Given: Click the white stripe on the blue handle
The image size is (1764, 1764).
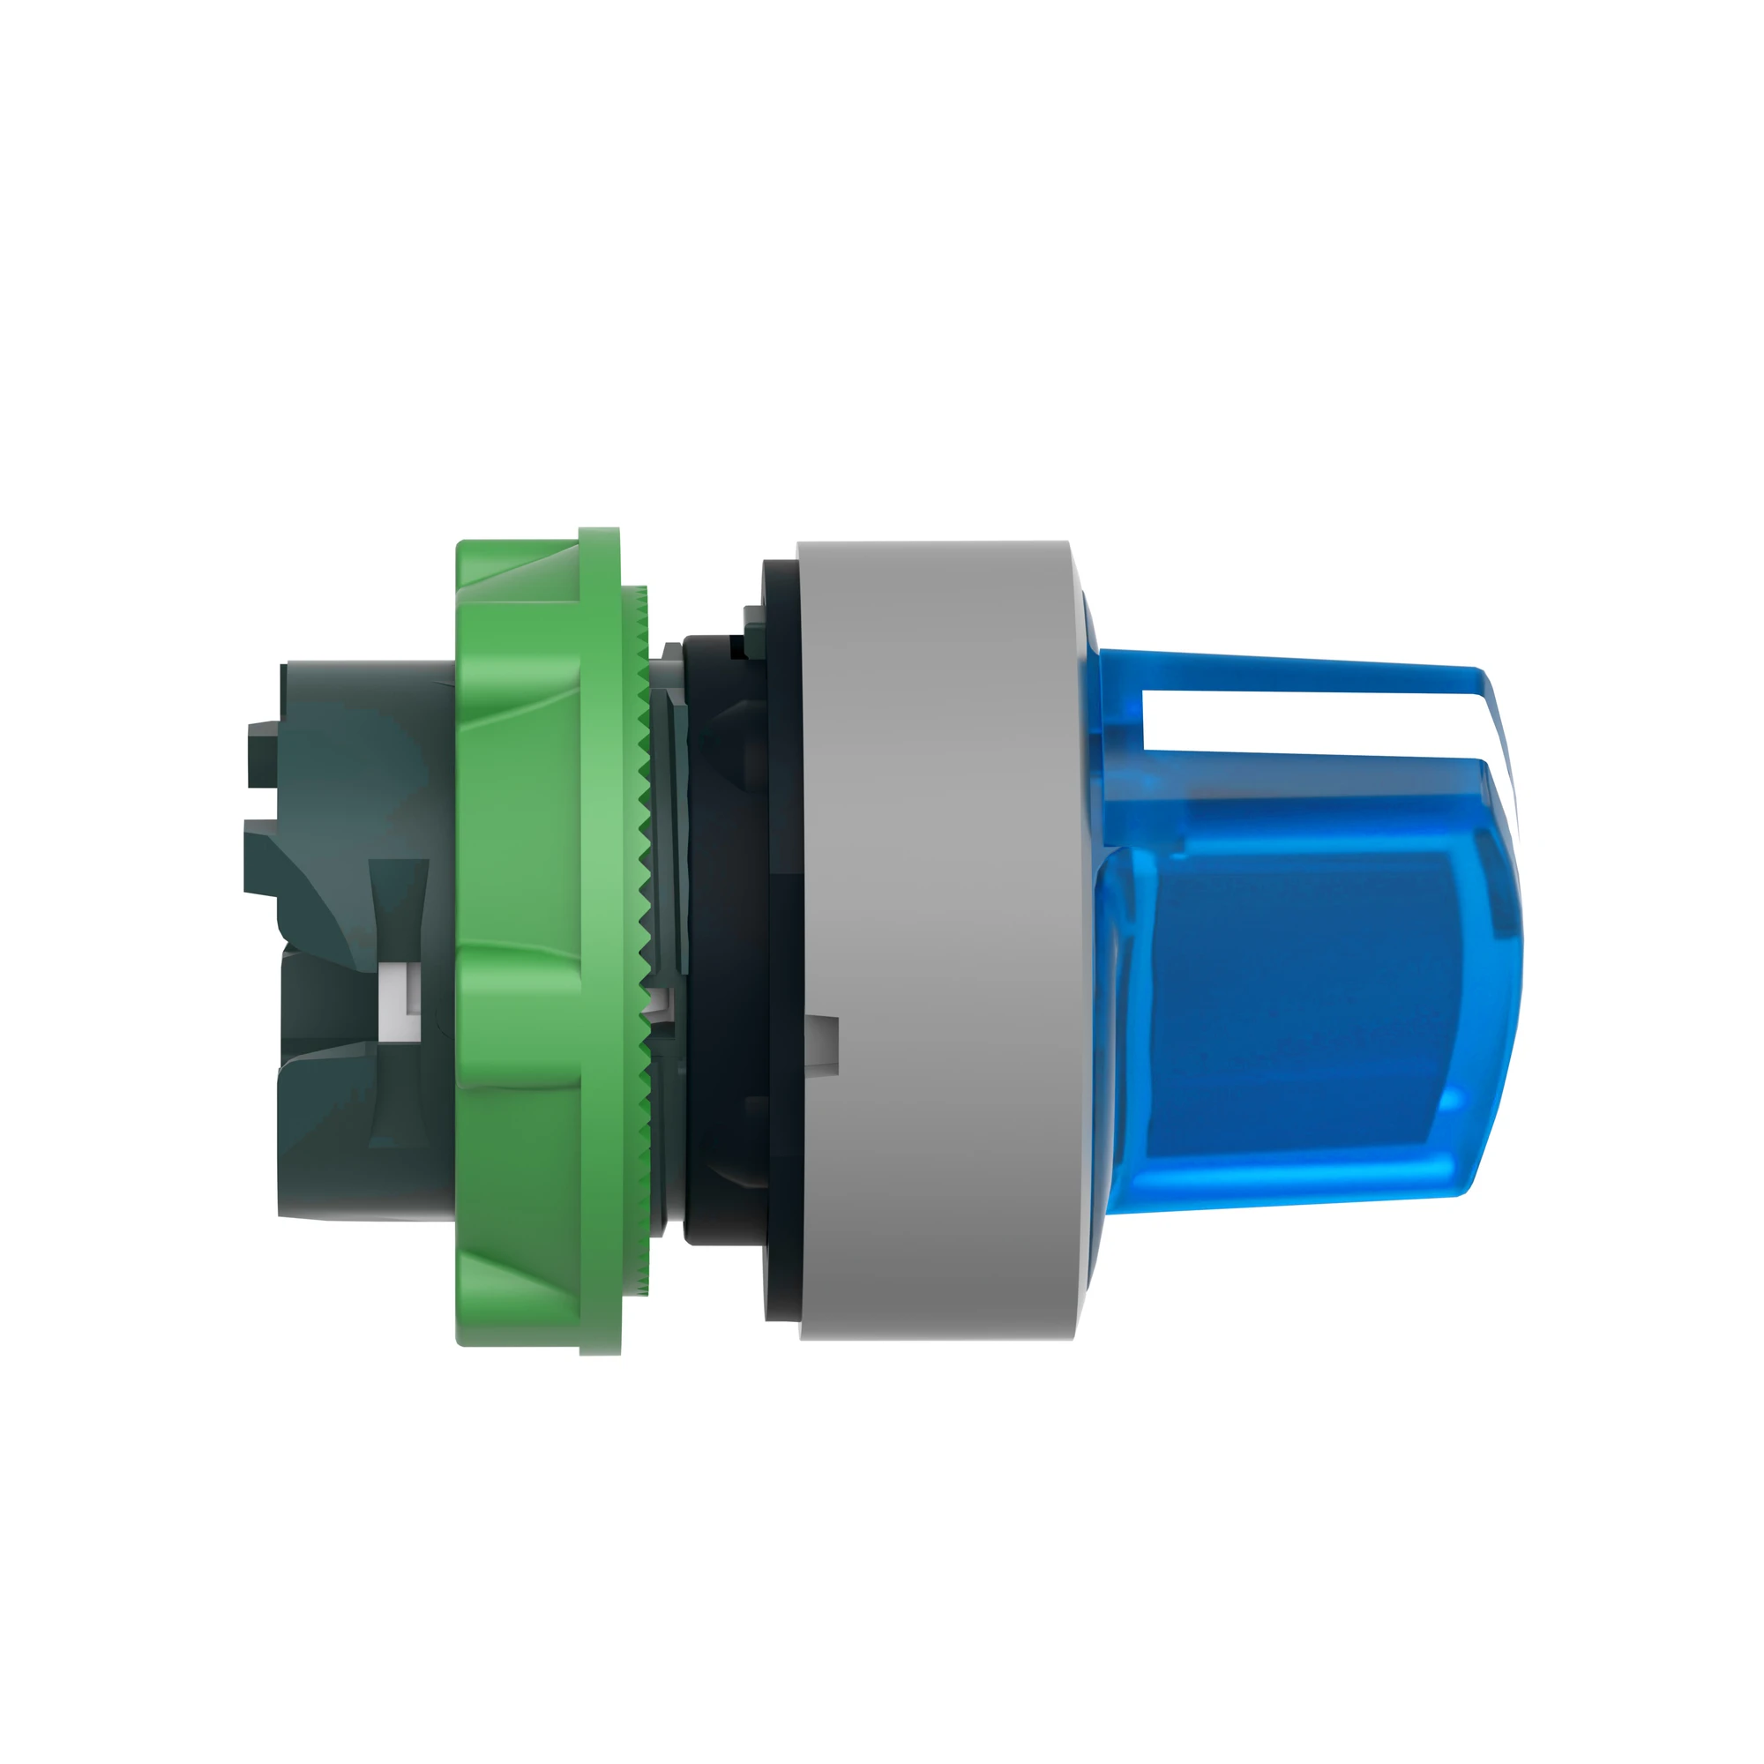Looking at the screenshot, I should click(x=1315, y=731).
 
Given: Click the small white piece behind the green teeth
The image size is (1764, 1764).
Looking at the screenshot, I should click(x=655, y=1005).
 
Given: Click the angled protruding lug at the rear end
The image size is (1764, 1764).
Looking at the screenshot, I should click(x=265, y=854).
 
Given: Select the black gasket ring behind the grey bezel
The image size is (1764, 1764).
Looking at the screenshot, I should click(x=781, y=913).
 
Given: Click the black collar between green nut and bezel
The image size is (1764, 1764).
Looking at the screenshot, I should click(x=721, y=913).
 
